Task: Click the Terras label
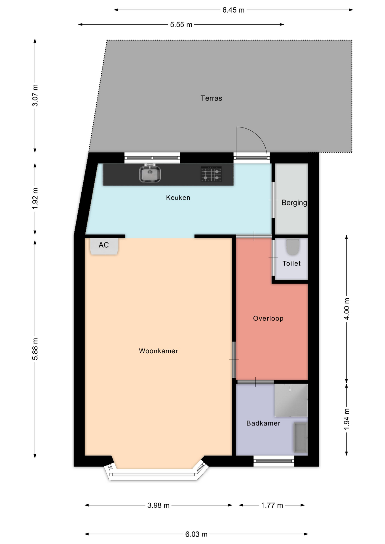tap(211, 98)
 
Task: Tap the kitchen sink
tap(150, 173)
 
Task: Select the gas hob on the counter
tap(211, 174)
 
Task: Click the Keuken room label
tap(178, 197)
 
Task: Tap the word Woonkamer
tap(158, 351)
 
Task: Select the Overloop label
tap(268, 318)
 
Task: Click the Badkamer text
tap(263, 423)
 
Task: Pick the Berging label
tap(294, 203)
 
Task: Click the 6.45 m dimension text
tap(233, 10)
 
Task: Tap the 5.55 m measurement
tap(181, 25)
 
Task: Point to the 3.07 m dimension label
tap(35, 95)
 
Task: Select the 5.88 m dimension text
tap(35, 349)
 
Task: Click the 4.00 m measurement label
tap(346, 309)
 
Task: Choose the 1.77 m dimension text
tap(272, 505)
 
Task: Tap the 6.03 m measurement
tap(196, 534)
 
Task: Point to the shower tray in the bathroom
tap(291, 400)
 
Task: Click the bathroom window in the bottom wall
tap(274, 461)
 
